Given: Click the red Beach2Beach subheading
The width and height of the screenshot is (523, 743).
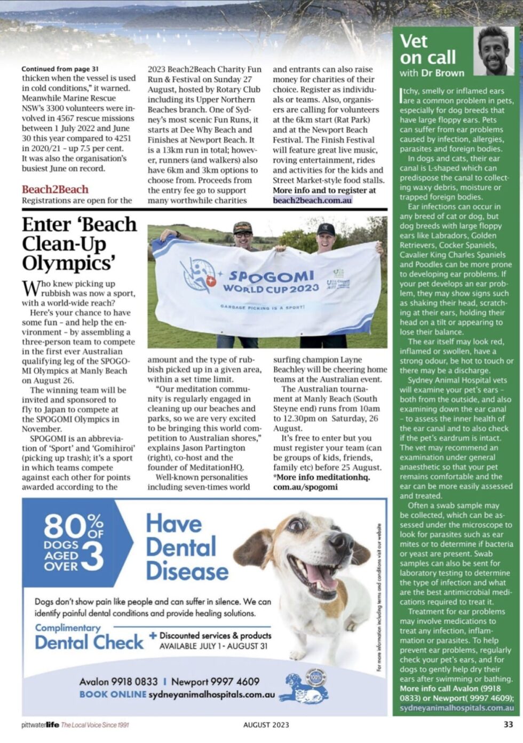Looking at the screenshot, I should [x=55, y=189].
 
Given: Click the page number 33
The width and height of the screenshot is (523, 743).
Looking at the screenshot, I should [x=508, y=724].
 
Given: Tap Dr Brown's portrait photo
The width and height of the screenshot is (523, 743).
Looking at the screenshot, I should [x=495, y=51].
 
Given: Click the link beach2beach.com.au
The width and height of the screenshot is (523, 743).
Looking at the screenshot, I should [x=312, y=200].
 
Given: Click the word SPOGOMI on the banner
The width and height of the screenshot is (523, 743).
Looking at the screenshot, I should [x=271, y=276].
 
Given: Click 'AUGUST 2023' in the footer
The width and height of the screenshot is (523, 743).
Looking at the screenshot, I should [x=266, y=725].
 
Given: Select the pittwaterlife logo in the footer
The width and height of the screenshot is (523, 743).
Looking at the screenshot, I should [x=40, y=725].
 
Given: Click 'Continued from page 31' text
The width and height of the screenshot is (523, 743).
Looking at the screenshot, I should [x=60, y=69].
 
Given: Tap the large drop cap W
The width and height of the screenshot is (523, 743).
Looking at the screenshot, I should [x=30, y=289].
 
